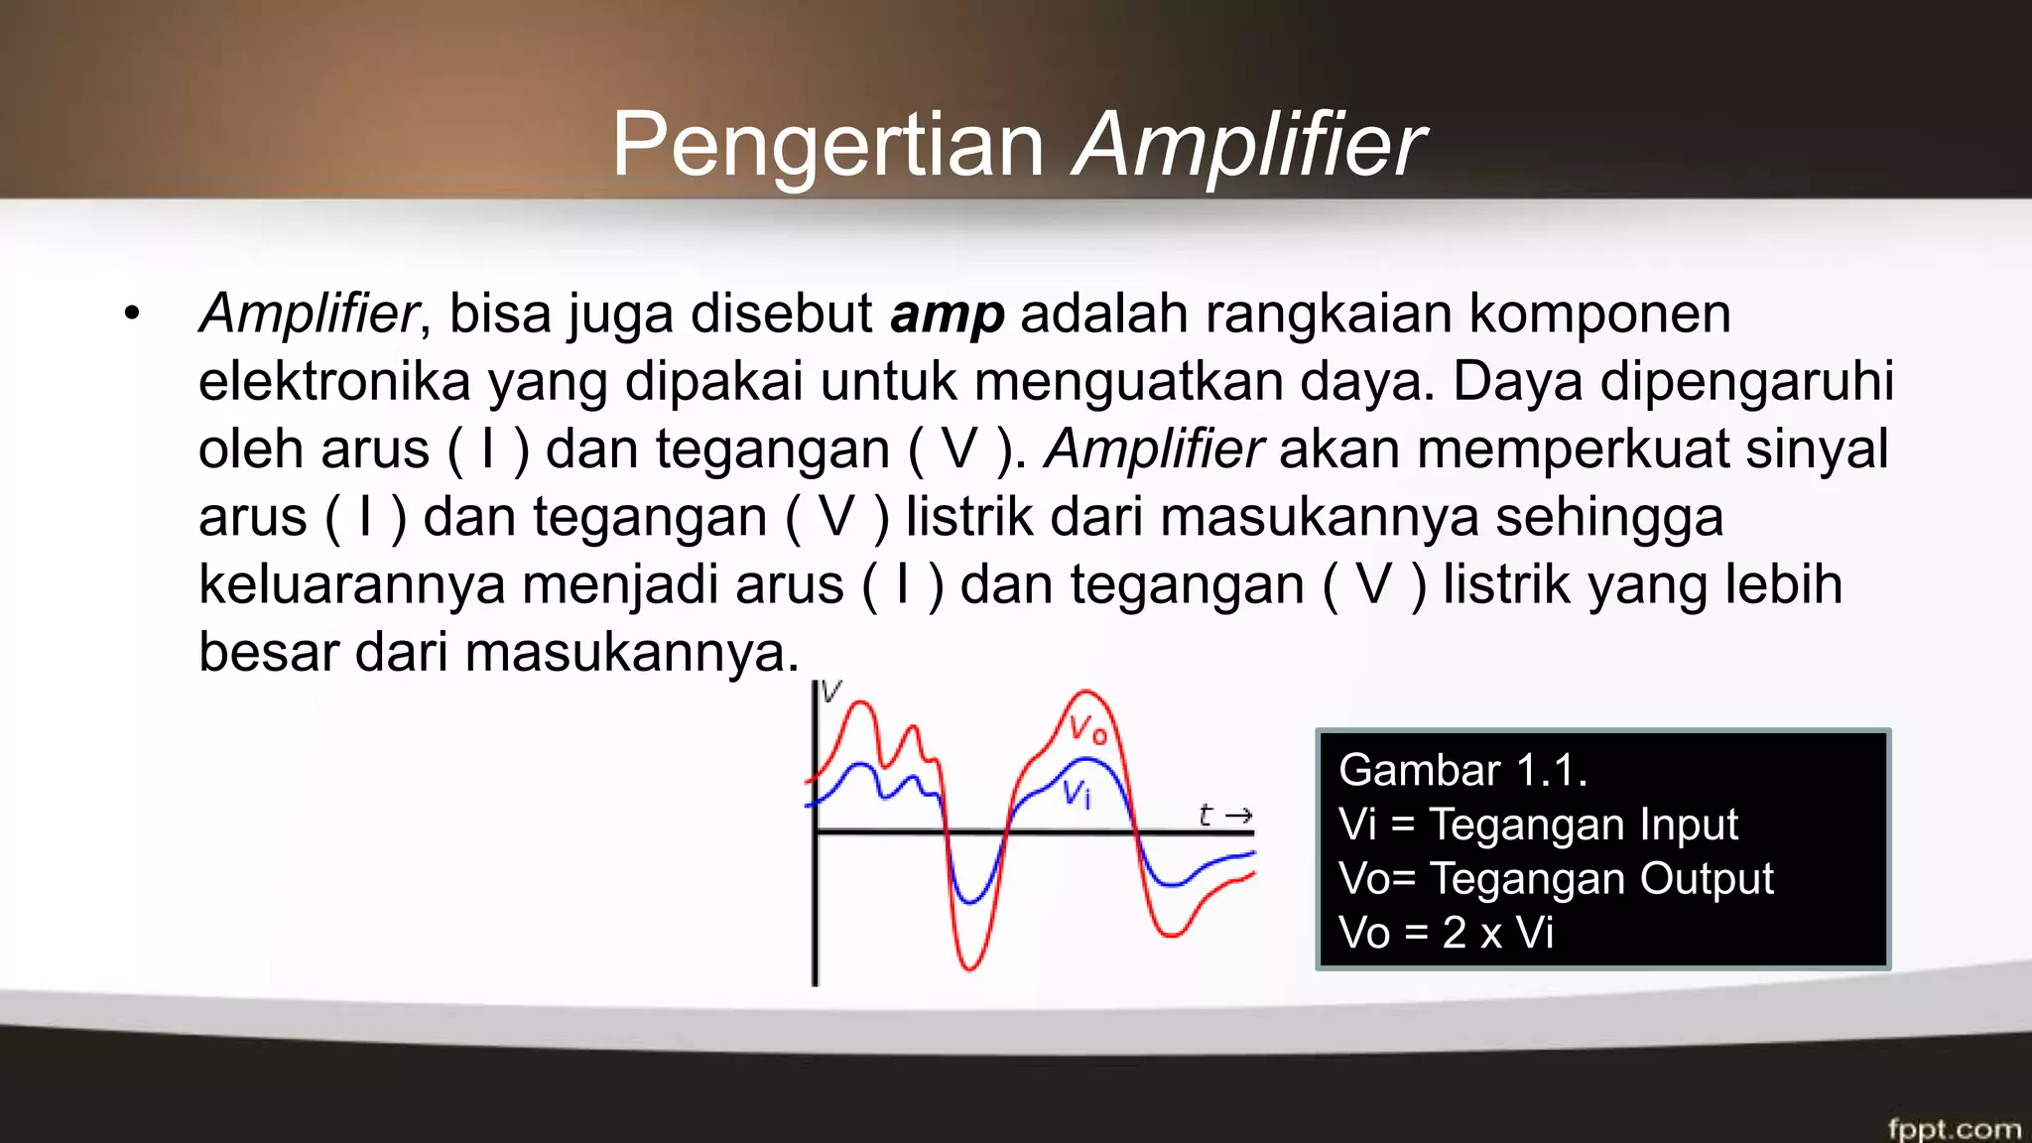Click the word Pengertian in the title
[x=827, y=145]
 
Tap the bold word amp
[x=948, y=315]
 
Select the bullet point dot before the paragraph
[x=133, y=315]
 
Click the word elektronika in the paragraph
[x=333, y=382]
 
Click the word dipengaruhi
[x=1746, y=382]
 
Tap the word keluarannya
[x=351, y=585]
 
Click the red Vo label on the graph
[x=1087, y=730]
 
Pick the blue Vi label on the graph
[x=1077, y=793]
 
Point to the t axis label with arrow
[x=1224, y=816]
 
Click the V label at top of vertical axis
[x=831, y=691]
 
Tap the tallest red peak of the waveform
[x=1085, y=693]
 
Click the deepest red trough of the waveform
[x=968, y=966]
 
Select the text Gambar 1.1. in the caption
[x=1462, y=771]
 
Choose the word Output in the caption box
[x=1706, y=879]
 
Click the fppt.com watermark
[x=1954, y=1128]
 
